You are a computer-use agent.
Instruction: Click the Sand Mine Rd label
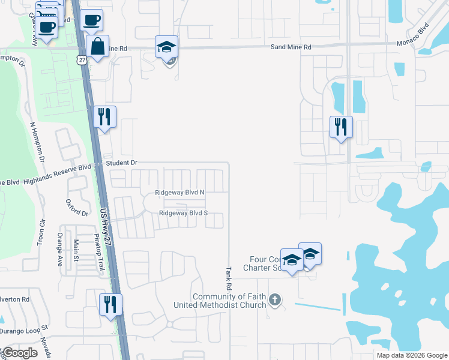pyautogui.click(x=291, y=46)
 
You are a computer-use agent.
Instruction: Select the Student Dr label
pyautogui.click(x=122, y=163)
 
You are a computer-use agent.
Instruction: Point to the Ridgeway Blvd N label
pyautogui.click(x=179, y=193)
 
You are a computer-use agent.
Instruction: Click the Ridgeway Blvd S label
pyautogui.click(x=183, y=213)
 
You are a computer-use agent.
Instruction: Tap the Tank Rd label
pyautogui.click(x=229, y=279)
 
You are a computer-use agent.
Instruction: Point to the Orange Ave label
pyautogui.click(x=60, y=250)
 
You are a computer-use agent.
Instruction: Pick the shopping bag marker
pyautogui.click(x=97, y=47)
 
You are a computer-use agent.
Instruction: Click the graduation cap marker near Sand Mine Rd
pyautogui.click(x=166, y=47)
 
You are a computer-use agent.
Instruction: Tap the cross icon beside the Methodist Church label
pyautogui.click(x=275, y=299)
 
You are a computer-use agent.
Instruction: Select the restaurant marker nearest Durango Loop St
pyautogui.click(x=110, y=304)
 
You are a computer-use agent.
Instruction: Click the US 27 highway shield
pyautogui.click(x=81, y=59)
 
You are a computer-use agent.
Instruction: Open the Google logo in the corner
pyautogui.click(x=20, y=353)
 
